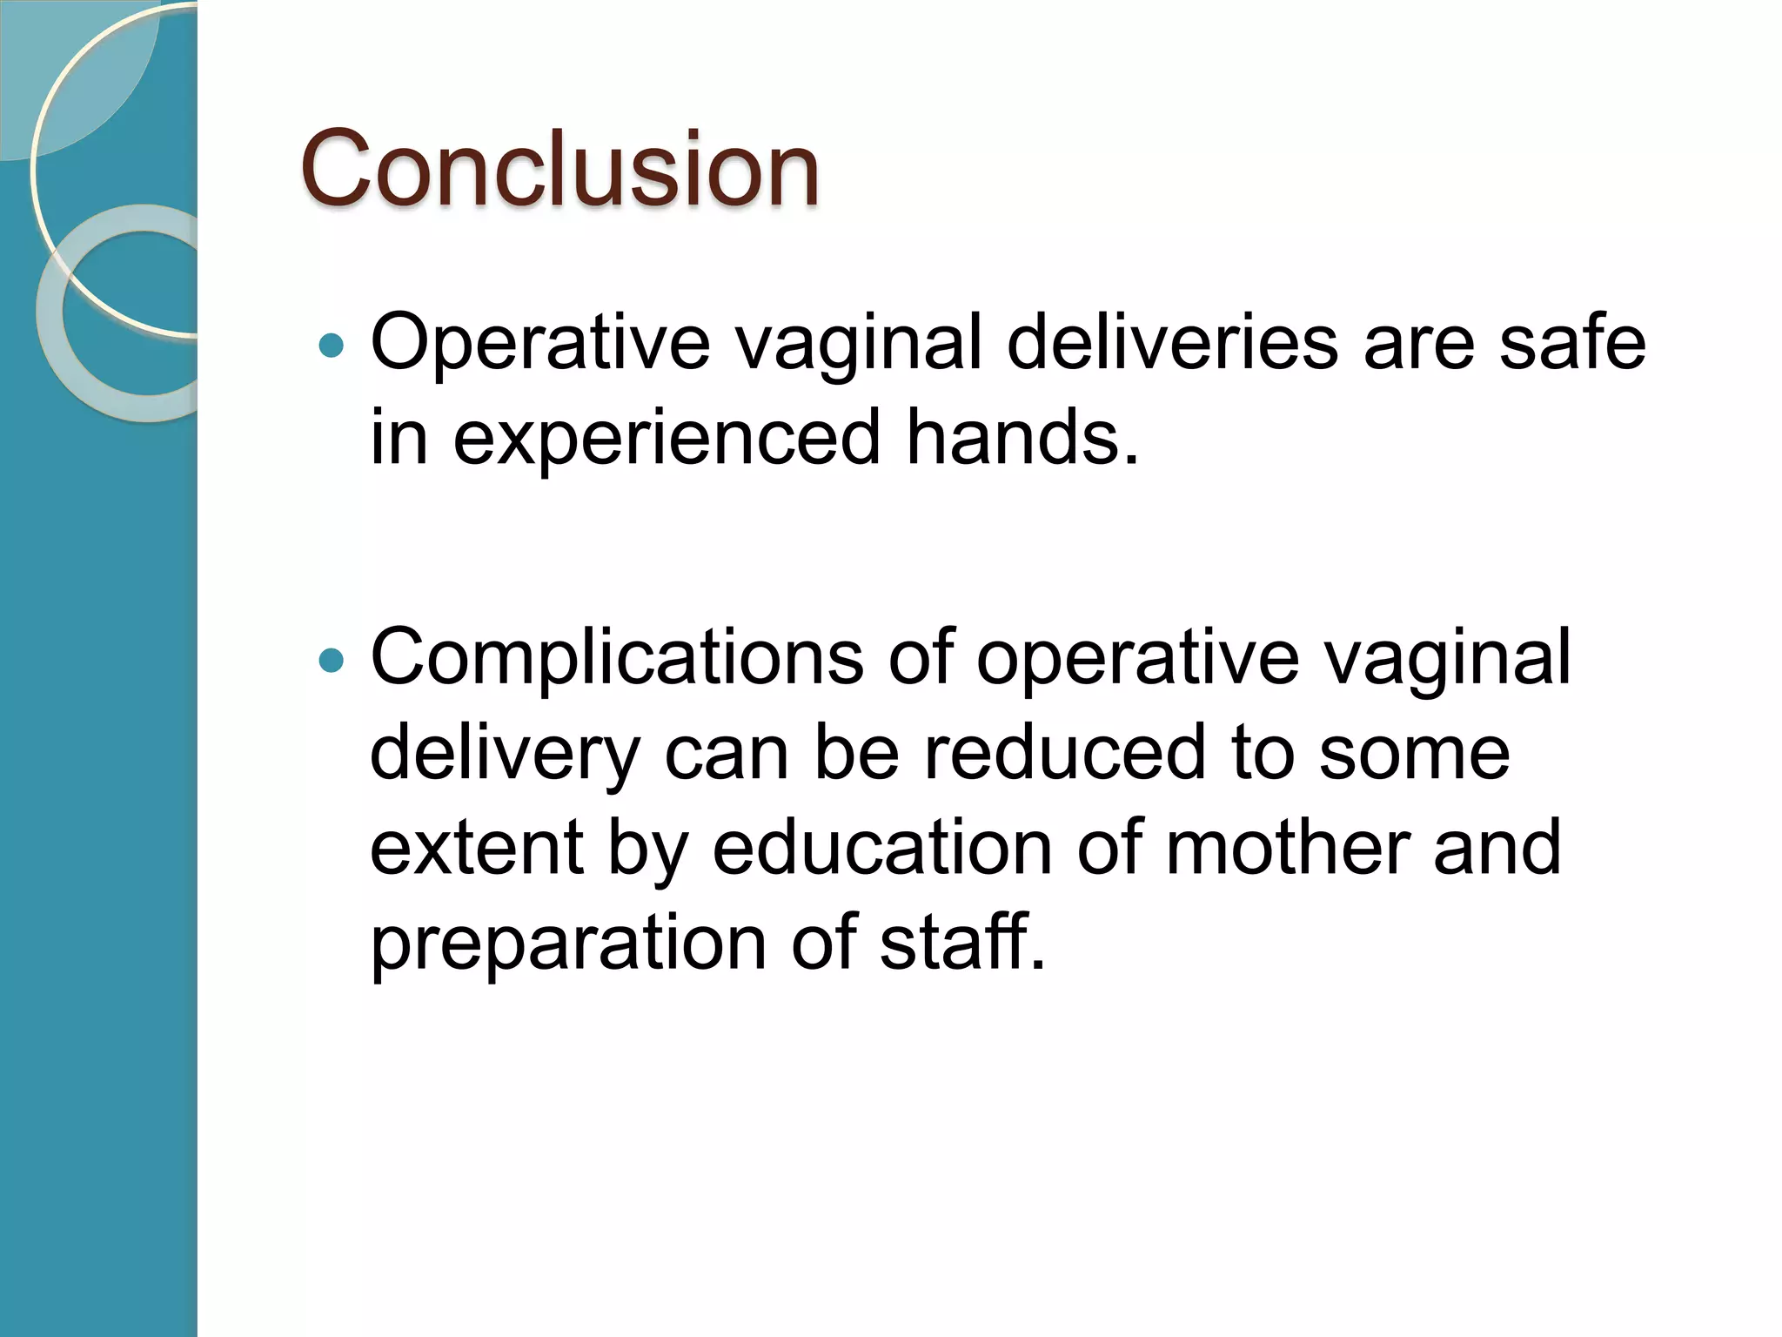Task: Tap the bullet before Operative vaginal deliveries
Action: (x=332, y=346)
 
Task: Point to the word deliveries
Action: (x=1171, y=342)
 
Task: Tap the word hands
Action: (x=1022, y=437)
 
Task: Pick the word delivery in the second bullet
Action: (x=505, y=754)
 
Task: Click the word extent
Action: (x=475, y=848)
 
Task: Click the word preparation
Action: (x=568, y=944)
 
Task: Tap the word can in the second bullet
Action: (x=727, y=754)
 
